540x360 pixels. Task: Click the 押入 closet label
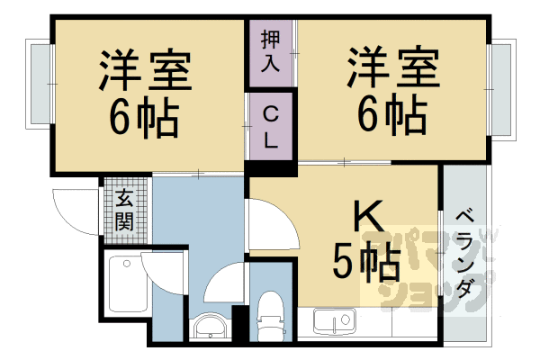[x=270, y=51]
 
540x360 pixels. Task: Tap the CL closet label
[x=271, y=127]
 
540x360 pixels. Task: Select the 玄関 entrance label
[x=124, y=210]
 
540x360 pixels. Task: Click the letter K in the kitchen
[x=369, y=216]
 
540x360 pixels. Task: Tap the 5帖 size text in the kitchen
[x=366, y=263]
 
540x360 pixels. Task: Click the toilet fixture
[x=271, y=316]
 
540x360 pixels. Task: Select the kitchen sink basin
[x=335, y=322]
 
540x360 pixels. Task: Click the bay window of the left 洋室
[x=39, y=84]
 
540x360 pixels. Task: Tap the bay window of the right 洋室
[x=502, y=90]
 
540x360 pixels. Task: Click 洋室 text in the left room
[x=145, y=70]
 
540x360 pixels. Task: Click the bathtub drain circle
[x=127, y=264]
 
